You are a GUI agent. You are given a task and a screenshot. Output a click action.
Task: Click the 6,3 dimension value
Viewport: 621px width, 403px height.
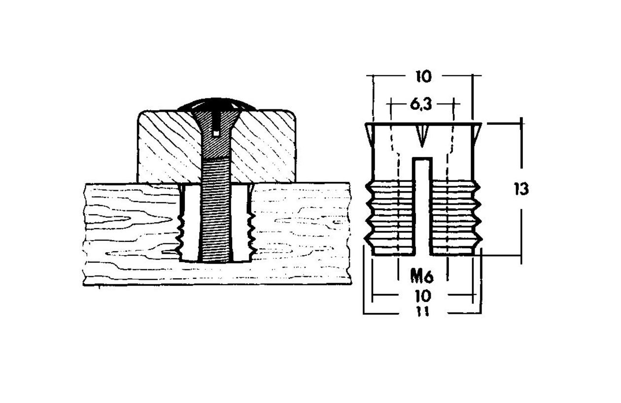421,105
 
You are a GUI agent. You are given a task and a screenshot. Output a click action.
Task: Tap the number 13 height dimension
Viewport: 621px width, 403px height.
521,189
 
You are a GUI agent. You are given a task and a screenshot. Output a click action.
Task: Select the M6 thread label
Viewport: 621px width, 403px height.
422,277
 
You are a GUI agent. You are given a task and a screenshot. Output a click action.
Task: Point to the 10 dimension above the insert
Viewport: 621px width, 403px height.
424,76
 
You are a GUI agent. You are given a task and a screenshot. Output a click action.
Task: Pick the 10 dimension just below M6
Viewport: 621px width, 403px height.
423,296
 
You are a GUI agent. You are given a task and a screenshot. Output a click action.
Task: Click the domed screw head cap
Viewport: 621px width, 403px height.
217,104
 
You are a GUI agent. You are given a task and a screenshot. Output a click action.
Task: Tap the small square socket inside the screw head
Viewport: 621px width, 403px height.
216,134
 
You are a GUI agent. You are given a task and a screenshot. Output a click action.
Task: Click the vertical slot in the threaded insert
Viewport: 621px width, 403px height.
422,206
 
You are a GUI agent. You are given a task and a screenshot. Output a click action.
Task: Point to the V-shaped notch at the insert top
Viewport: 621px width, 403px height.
422,136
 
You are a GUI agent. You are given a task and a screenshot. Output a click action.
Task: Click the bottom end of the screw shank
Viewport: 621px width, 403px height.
216,262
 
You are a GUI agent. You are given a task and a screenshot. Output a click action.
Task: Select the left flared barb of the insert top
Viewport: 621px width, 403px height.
369,132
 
